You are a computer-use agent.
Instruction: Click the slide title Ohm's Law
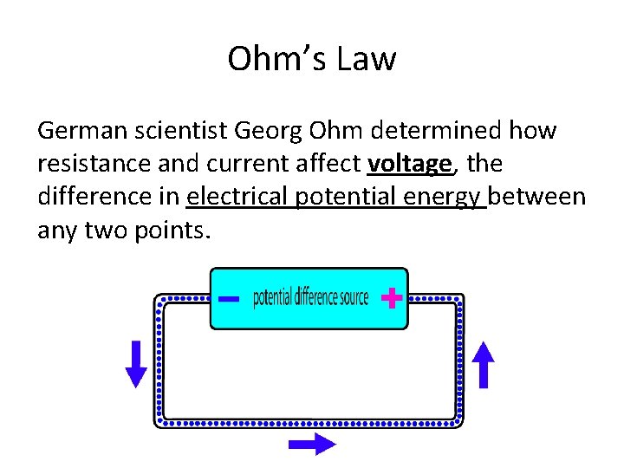tap(312, 59)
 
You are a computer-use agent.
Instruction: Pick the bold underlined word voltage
tap(409, 165)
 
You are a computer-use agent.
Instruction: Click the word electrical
tap(237, 198)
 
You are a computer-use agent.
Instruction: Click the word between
tap(538, 198)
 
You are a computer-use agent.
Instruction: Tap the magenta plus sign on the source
tap(392, 300)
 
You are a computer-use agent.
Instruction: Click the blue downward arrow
tap(137, 363)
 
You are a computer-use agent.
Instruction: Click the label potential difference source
tap(310, 299)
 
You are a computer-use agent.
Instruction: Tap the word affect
tap(332, 165)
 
